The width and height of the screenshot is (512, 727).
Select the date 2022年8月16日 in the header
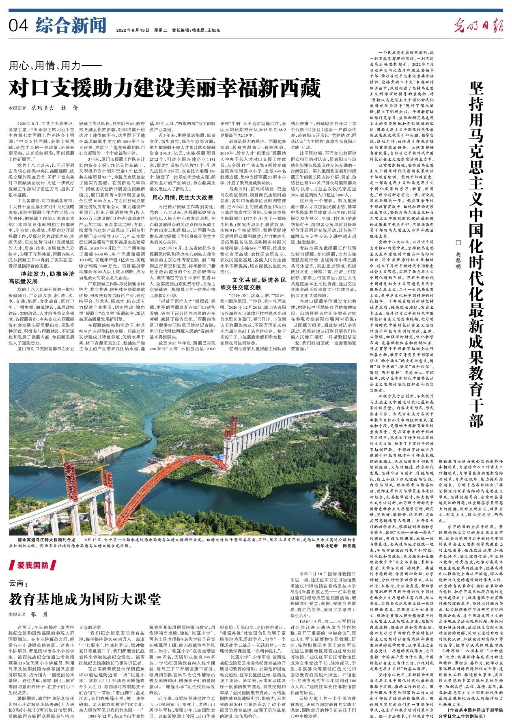click(x=133, y=30)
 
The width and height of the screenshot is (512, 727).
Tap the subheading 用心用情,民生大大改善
click(x=182, y=198)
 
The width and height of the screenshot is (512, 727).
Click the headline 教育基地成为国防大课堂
click(x=85, y=599)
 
